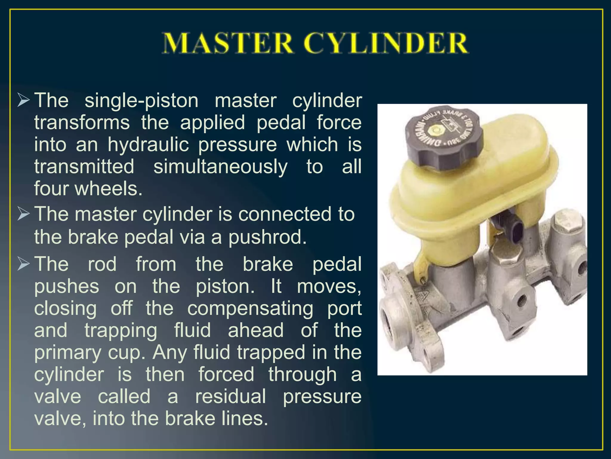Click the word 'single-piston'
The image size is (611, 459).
coord(141,100)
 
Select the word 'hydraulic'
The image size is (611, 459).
coord(148,145)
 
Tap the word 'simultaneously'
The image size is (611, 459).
coord(220,167)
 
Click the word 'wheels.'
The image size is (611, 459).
coord(109,189)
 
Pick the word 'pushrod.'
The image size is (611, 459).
coord(268,237)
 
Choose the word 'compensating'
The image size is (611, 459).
coord(250,308)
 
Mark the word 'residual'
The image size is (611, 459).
coord(230,397)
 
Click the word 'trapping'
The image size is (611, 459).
coord(121,331)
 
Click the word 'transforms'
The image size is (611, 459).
coord(82,123)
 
